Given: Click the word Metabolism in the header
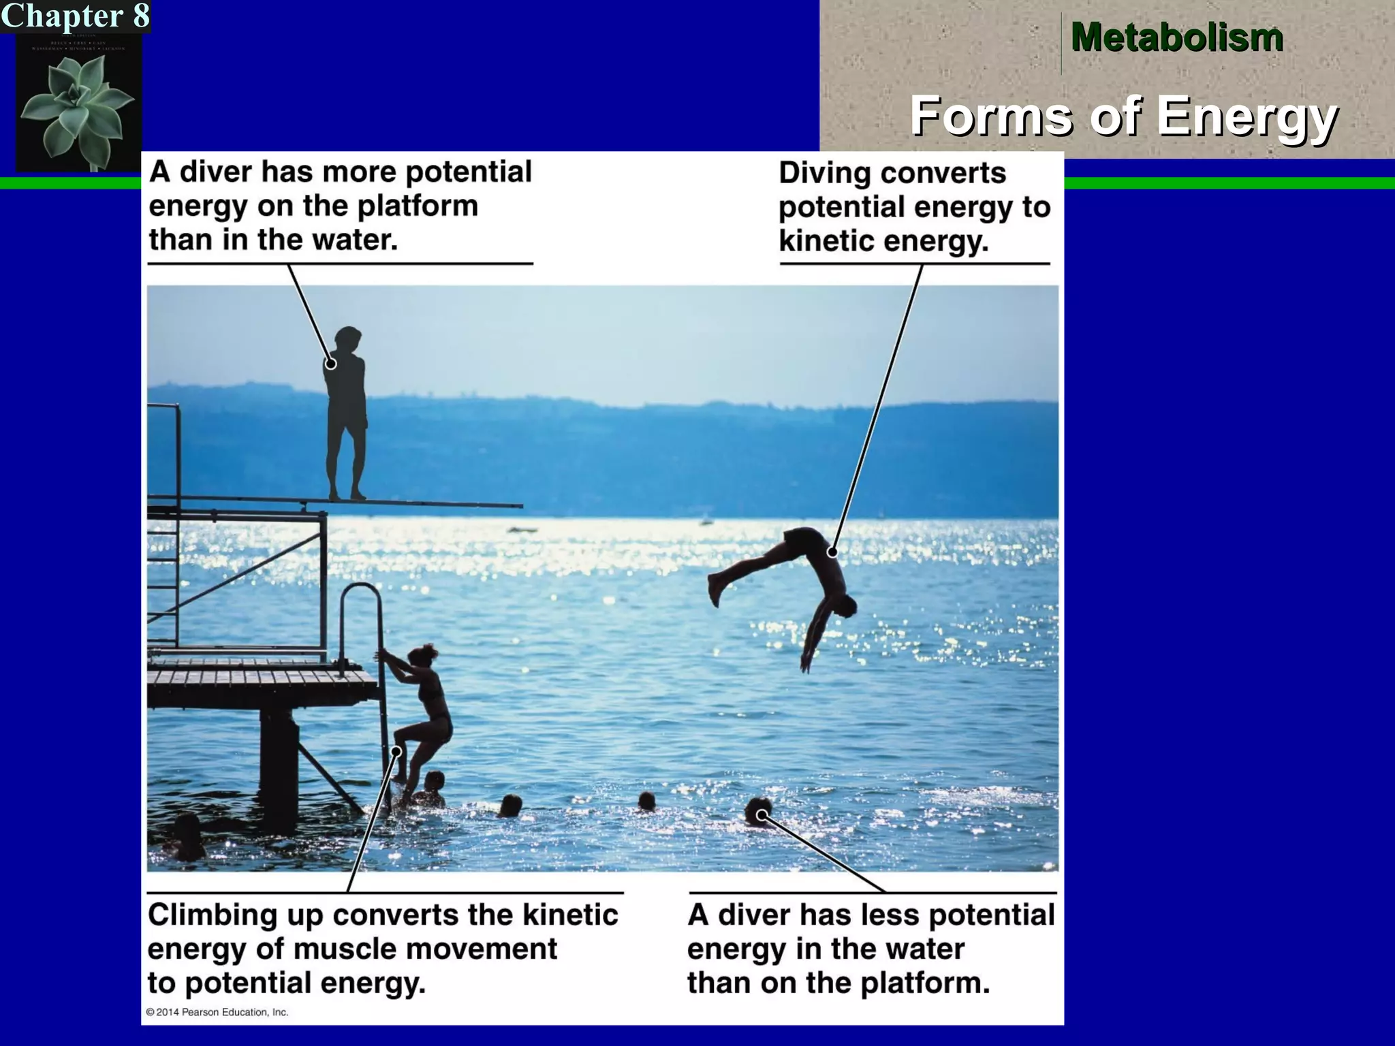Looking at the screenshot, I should point(1176,37).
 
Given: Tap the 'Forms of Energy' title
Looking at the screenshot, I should point(1124,116).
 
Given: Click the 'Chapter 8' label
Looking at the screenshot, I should point(75,16).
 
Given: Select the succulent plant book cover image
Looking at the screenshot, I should point(78,102).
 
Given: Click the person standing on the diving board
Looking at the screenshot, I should point(347,415).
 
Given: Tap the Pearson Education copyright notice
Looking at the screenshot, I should point(217,1012).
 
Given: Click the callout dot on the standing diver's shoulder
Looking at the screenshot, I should point(331,364).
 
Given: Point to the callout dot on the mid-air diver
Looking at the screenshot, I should point(832,552).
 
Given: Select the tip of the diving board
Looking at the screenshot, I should point(518,506).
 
